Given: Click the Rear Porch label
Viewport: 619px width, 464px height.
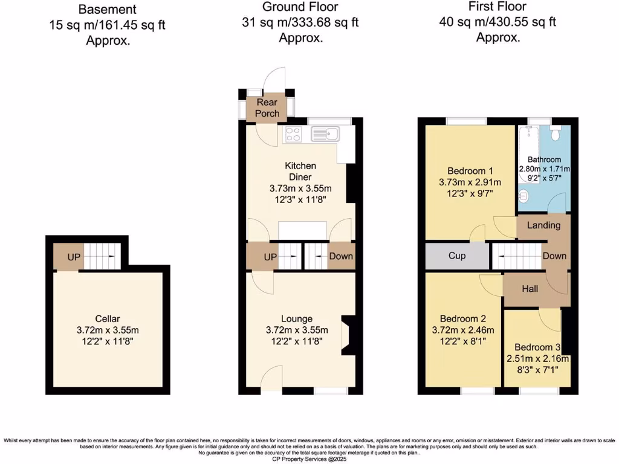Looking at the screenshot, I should (267, 108).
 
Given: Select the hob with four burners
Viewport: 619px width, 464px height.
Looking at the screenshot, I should (293, 134).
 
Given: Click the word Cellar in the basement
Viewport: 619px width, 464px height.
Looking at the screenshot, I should (108, 318).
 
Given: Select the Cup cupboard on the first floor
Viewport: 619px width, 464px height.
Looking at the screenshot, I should (457, 256).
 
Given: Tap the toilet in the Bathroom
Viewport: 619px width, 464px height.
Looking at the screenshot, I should (557, 129).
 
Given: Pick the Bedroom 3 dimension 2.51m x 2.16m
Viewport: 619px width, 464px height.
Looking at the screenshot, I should (539, 358).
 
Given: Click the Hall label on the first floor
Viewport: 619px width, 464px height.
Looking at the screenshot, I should (530, 289).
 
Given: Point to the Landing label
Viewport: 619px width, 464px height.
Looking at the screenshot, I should (543, 225).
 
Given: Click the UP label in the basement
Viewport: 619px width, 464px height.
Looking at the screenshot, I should (74, 257).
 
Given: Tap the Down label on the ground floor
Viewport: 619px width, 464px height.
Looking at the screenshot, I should (340, 256).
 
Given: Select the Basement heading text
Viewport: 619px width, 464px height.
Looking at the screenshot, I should (108, 10).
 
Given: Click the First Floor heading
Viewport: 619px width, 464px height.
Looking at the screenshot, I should (497, 7).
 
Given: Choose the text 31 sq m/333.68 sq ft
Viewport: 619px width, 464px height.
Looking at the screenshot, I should (300, 22).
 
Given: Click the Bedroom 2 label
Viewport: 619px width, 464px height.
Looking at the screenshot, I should (462, 318).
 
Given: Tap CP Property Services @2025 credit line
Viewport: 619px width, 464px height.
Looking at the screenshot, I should (309, 459).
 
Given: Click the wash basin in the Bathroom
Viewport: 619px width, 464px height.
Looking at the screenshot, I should (524, 196).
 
